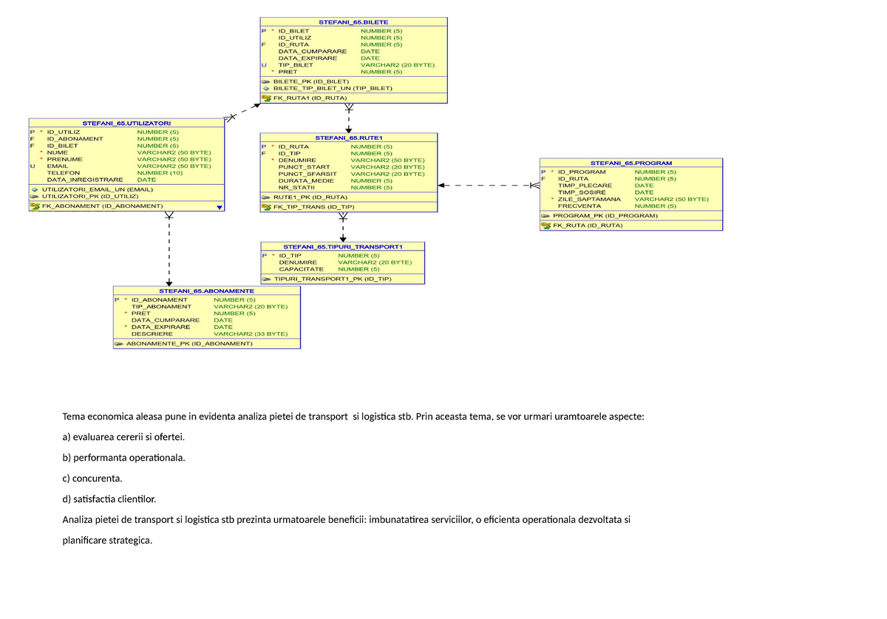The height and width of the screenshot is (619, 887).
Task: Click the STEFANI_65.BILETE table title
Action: (353, 22)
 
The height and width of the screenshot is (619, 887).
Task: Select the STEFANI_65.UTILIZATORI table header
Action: (126, 123)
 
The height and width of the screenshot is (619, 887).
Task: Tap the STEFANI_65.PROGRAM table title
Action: (631, 163)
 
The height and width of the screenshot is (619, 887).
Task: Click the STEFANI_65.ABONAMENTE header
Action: (207, 291)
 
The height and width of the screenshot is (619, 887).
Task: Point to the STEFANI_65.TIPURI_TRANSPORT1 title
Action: (342, 246)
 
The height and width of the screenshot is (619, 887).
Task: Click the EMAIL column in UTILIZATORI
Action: (57, 166)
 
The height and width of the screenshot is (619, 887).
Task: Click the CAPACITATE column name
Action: (301, 269)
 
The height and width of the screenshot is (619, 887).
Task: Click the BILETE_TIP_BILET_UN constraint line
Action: (333, 88)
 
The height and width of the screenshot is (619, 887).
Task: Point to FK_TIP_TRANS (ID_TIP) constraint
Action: (313, 207)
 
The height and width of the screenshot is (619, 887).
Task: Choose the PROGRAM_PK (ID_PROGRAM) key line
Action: (605, 216)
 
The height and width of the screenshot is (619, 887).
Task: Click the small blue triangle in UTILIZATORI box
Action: (220, 208)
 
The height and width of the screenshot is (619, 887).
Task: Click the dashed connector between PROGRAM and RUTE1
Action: (488, 186)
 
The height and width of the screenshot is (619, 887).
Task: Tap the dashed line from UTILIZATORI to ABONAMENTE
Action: (169, 251)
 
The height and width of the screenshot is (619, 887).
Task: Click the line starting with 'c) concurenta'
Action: (92, 478)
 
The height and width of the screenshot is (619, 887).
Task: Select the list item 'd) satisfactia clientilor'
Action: (109, 499)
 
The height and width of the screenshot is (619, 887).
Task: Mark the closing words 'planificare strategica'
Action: (107, 541)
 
